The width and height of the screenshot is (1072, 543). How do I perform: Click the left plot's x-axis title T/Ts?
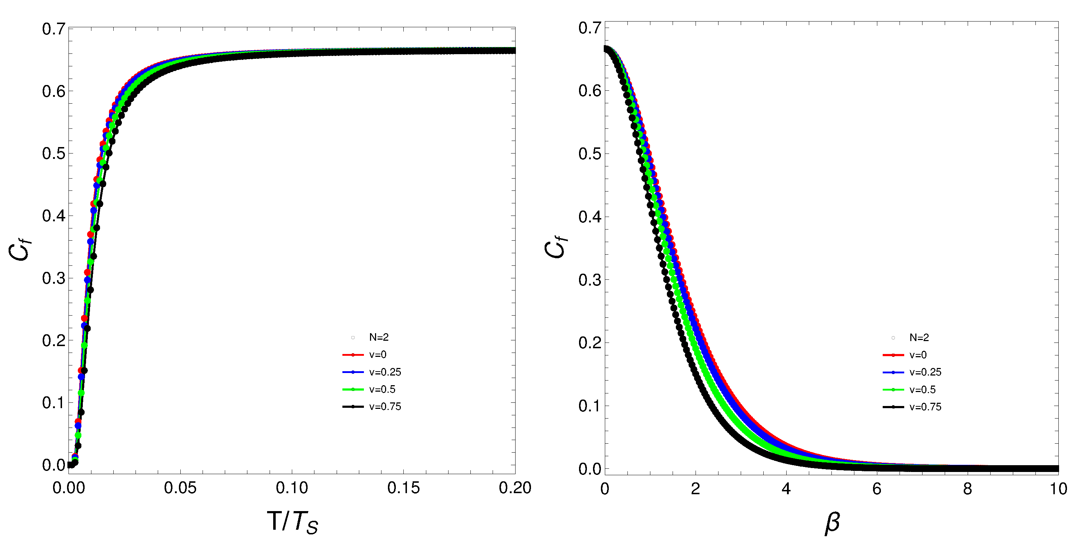click(x=292, y=522)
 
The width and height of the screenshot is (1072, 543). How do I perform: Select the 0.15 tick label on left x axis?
click(x=403, y=488)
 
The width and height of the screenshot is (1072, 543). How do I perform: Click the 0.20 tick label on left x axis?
click(x=514, y=488)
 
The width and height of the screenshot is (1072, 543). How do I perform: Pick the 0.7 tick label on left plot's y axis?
click(x=54, y=29)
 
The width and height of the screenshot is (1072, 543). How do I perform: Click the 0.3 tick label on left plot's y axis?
click(x=54, y=278)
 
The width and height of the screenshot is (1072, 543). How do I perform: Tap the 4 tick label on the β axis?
click(x=786, y=489)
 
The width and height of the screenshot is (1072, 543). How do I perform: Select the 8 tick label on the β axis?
click(x=968, y=489)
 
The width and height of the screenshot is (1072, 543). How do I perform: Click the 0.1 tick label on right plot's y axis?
click(x=590, y=406)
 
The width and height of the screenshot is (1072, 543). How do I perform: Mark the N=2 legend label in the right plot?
click(x=919, y=338)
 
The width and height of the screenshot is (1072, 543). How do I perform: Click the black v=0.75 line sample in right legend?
click(x=893, y=407)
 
